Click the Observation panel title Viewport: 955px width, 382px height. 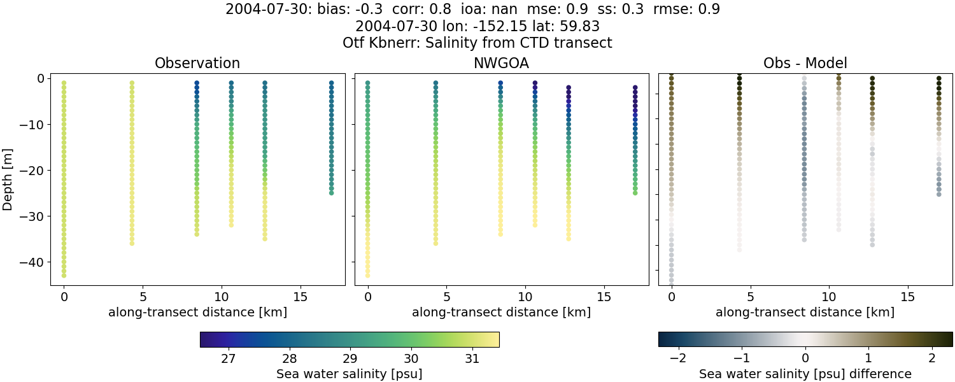197,63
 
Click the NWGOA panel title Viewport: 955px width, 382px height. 501,63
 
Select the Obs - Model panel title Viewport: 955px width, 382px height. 805,63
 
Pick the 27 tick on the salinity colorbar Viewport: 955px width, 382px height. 229,358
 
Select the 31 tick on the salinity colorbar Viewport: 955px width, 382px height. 472,358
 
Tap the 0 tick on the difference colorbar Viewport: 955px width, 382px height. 805,358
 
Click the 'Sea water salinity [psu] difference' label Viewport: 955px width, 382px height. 805,374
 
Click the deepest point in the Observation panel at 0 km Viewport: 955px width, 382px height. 64,276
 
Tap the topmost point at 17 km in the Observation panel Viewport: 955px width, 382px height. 331,83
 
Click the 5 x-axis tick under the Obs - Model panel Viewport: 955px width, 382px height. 750,297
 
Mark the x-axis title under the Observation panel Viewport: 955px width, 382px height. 197,313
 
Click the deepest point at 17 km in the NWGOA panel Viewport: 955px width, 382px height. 635,193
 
